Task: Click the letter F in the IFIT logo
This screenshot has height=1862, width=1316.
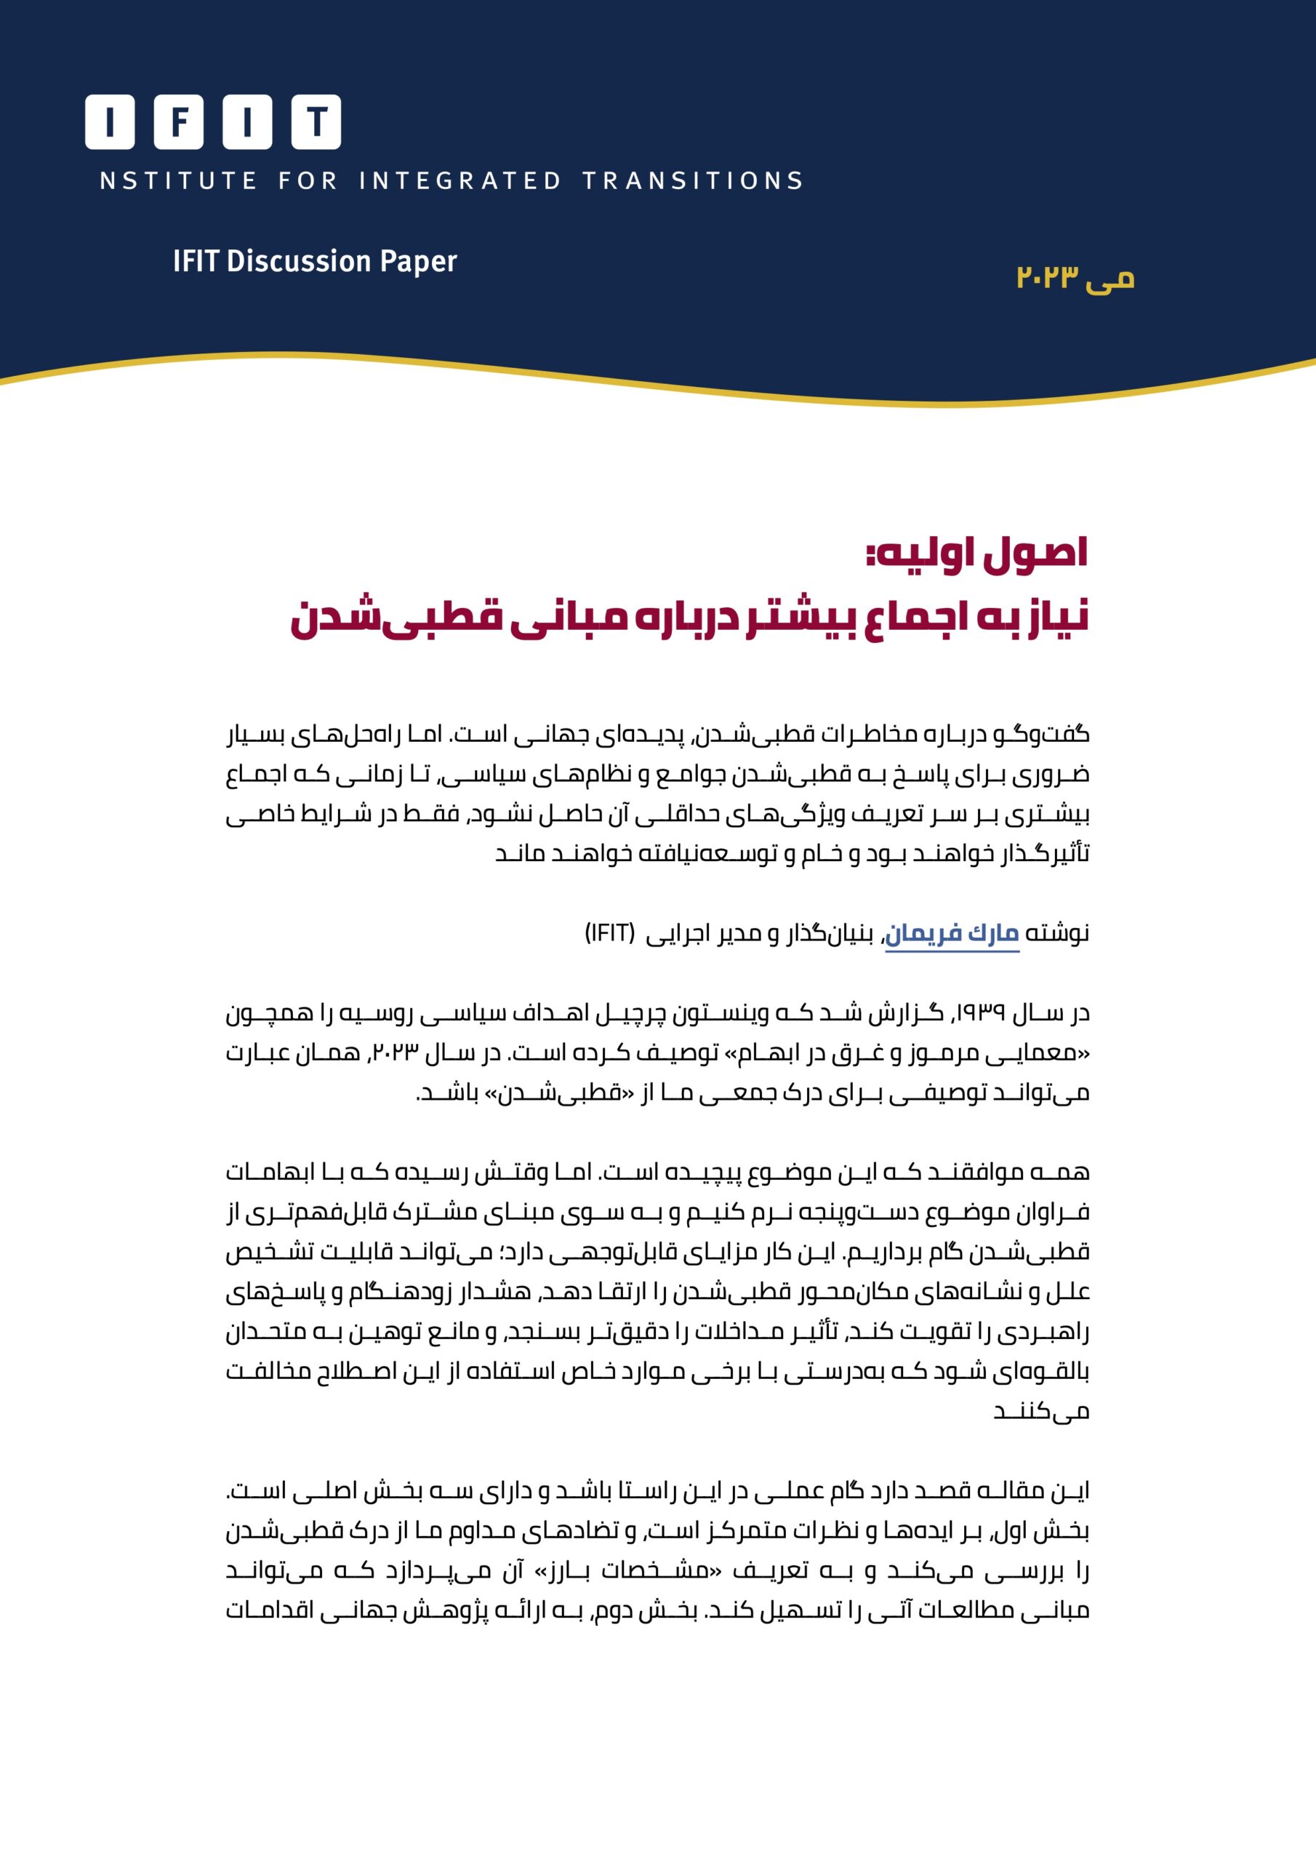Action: pyautogui.click(x=178, y=122)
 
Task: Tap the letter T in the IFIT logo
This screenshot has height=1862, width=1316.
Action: pyautogui.click(x=316, y=122)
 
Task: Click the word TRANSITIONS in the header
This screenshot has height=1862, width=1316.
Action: pyautogui.click(x=692, y=180)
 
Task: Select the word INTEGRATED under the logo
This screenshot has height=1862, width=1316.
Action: pyautogui.click(x=460, y=180)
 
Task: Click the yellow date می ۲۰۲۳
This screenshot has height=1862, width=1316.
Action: pyautogui.click(x=1075, y=277)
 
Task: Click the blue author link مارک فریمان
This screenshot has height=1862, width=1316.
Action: pyautogui.click(x=951, y=934)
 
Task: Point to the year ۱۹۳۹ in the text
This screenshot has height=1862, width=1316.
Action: pyautogui.click(x=982, y=1013)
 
